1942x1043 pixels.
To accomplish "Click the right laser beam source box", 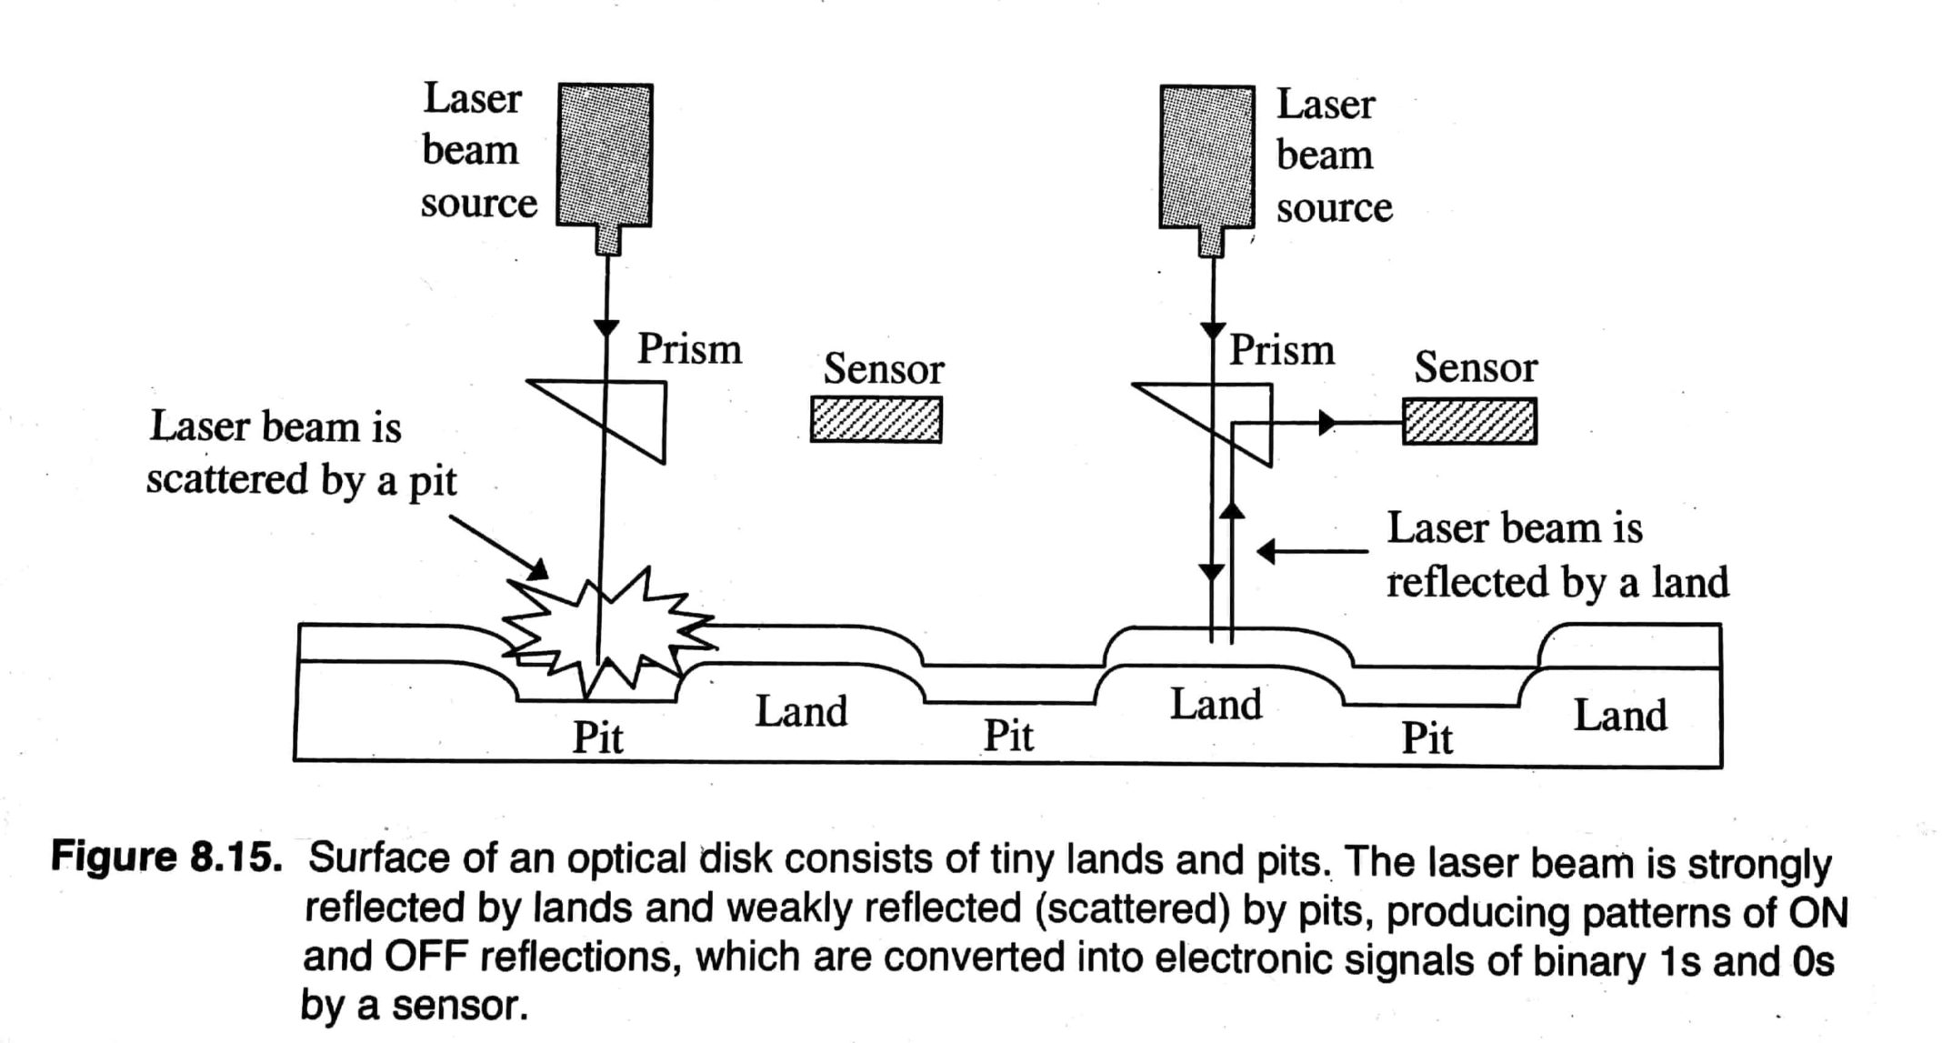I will click(x=1206, y=156).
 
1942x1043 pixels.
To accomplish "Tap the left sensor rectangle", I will click(x=876, y=420).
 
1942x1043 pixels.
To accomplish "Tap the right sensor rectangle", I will click(x=1469, y=421).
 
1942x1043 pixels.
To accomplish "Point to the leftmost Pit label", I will click(x=597, y=737).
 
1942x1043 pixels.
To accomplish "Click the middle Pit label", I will click(x=1008, y=736).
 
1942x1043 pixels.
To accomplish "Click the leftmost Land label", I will click(x=800, y=711).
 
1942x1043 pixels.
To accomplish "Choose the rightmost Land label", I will click(x=1620, y=716).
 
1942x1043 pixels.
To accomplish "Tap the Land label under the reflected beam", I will click(x=1216, y=705).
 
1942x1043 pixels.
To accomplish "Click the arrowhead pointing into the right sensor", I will click(x=1327, y=423).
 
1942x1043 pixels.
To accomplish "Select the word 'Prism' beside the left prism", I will click(x=689, y=349).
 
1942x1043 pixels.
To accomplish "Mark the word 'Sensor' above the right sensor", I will click(x=1475, y=367).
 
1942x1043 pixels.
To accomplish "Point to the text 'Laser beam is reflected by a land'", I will click(x=1557, y=555).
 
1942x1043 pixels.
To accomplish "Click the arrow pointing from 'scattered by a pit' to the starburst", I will click(x=499, y=547).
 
